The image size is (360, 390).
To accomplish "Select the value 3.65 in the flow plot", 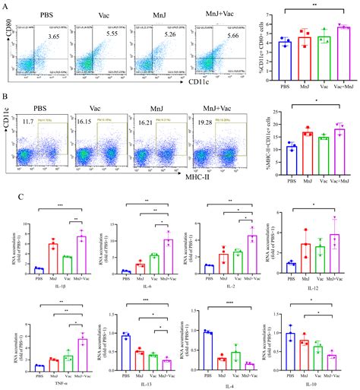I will [x=54, y=36].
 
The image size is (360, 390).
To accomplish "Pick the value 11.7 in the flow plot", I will [x=29, y=122].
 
